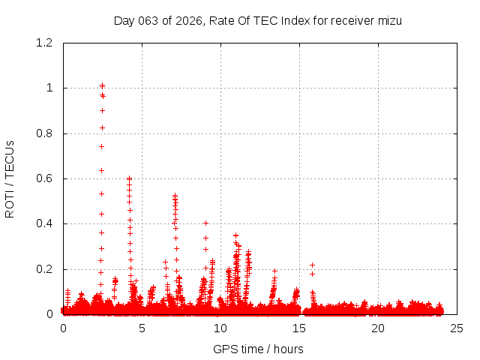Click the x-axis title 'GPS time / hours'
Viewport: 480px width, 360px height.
click(258, 349)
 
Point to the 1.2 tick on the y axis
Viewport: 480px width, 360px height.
click(47, 43)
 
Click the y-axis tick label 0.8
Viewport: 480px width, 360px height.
click(47, 133)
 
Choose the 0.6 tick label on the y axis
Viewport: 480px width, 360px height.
click(47, 178)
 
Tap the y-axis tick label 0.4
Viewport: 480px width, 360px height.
click(47, 223)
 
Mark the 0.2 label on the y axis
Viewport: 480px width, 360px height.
click(47, 269)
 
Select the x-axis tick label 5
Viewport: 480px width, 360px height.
click(142, 328)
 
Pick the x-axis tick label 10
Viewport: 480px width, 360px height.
click(220, 328)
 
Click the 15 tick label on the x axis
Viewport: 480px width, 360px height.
click(299, 328)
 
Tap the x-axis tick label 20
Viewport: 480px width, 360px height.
click(378, 328)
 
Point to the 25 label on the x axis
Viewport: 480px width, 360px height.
click(457, 328)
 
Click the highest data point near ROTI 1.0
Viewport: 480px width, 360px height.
click(102, 85)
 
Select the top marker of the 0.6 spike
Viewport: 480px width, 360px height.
click(129, 178)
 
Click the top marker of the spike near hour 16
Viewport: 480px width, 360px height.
click(312, 265)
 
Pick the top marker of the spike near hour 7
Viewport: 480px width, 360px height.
click(175, 196)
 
